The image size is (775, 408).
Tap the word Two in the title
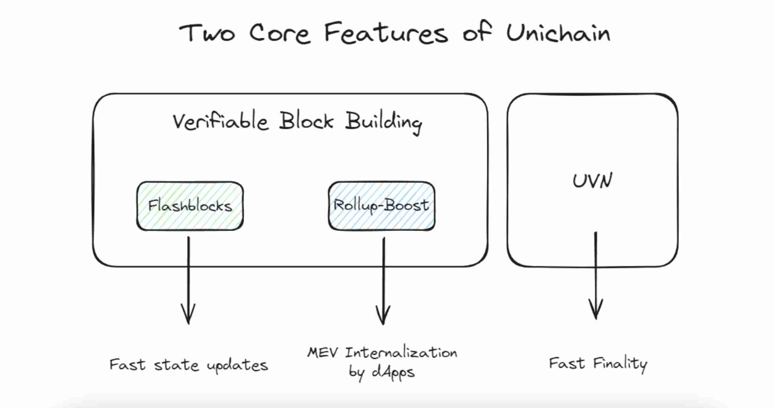point(207,33)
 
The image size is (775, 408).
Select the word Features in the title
point(386,33)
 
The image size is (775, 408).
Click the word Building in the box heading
point(383,122)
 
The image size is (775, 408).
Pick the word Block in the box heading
point(306,121)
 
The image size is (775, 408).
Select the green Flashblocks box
point(190,206)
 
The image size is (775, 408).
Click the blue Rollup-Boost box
point(381,206)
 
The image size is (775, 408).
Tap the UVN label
point(592,181)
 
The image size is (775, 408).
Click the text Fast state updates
point(188,365)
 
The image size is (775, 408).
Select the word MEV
point(322,353)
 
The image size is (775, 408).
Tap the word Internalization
point(401,353)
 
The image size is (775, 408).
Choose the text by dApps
point(381,372)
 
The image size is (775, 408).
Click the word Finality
point(620,364)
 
